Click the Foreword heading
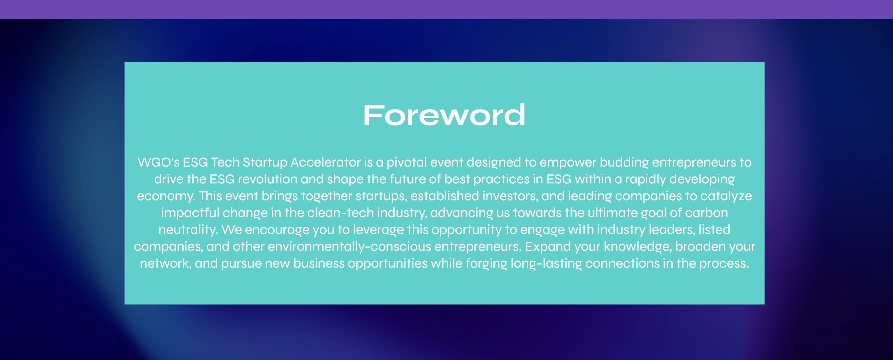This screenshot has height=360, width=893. [444, 115]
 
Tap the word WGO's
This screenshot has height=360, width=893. [158, 162]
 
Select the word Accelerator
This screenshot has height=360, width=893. [326, 162]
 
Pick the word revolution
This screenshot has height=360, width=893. [268, 179]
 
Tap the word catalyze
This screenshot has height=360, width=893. [726, 196]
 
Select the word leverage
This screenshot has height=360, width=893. [379, 230]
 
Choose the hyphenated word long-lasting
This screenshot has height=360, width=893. [546, 264]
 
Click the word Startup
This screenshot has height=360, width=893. [265, 163]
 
